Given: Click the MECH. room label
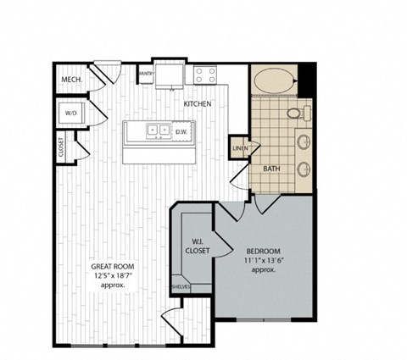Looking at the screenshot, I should point(70,80).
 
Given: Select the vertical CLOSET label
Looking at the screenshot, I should point(61,147).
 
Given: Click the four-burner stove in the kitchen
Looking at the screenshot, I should point(203,75).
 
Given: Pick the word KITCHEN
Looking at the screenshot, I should point(198,104).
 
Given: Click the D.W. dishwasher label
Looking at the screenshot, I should point(181,131).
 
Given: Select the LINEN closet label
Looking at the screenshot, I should point(240,149).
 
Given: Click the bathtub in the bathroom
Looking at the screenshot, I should point(274,83).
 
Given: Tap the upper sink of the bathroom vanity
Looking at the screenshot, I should point(303,141).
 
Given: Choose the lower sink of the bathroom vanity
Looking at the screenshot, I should point(303,169).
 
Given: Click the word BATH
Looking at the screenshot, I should point(271,169).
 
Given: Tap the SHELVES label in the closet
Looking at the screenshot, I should point(180,287).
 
